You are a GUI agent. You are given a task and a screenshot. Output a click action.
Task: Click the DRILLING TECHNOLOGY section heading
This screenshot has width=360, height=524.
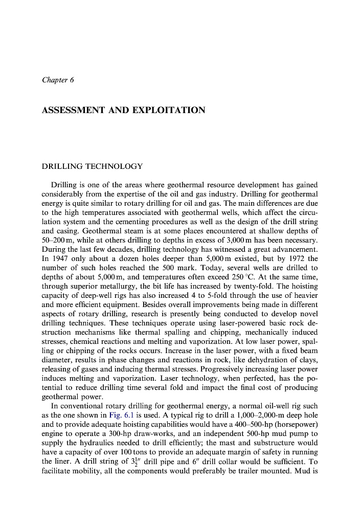coord(92,166)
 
